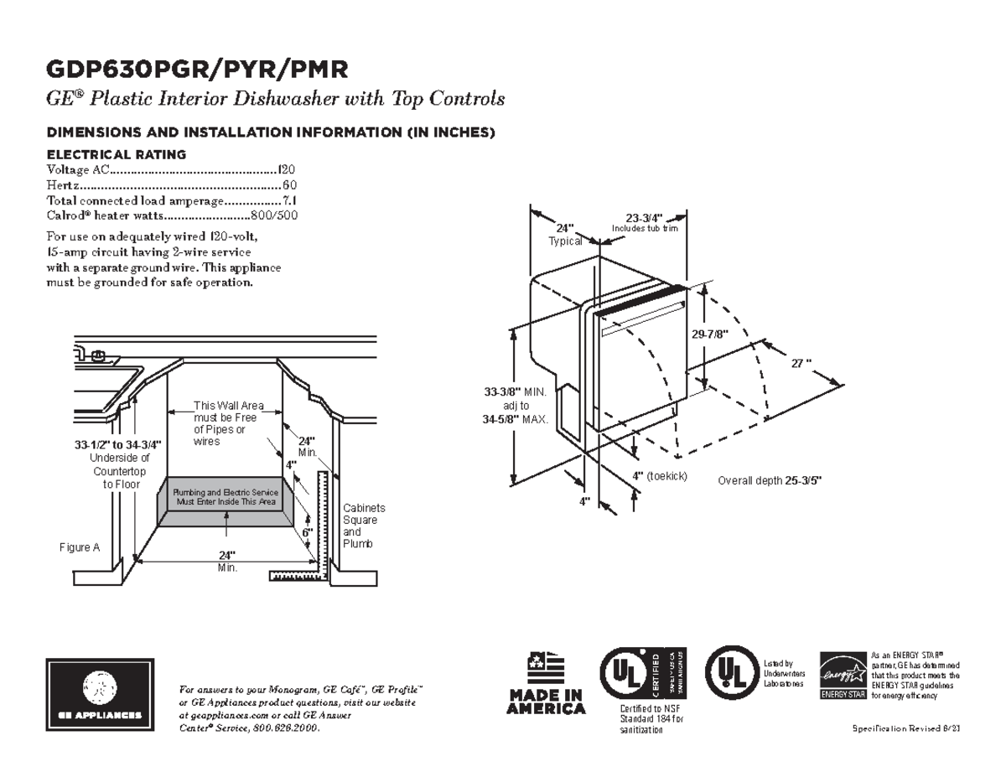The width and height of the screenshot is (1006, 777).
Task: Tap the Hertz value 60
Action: point(290,185)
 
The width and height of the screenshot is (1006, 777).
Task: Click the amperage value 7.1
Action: point(289,200)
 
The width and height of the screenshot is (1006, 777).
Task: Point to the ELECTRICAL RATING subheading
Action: point(115,154)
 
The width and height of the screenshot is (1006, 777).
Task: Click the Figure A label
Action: point(80,547)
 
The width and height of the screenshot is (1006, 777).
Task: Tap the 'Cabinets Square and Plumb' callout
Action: point(364,526)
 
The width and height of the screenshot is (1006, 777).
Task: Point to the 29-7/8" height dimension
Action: point(710,334)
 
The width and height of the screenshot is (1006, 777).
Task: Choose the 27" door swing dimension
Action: point(801,363)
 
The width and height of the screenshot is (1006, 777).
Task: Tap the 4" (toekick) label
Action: point(660,476)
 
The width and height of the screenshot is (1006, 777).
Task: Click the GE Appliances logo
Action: point(100,695)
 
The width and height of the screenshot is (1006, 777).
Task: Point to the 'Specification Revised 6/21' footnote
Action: point(905,728)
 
